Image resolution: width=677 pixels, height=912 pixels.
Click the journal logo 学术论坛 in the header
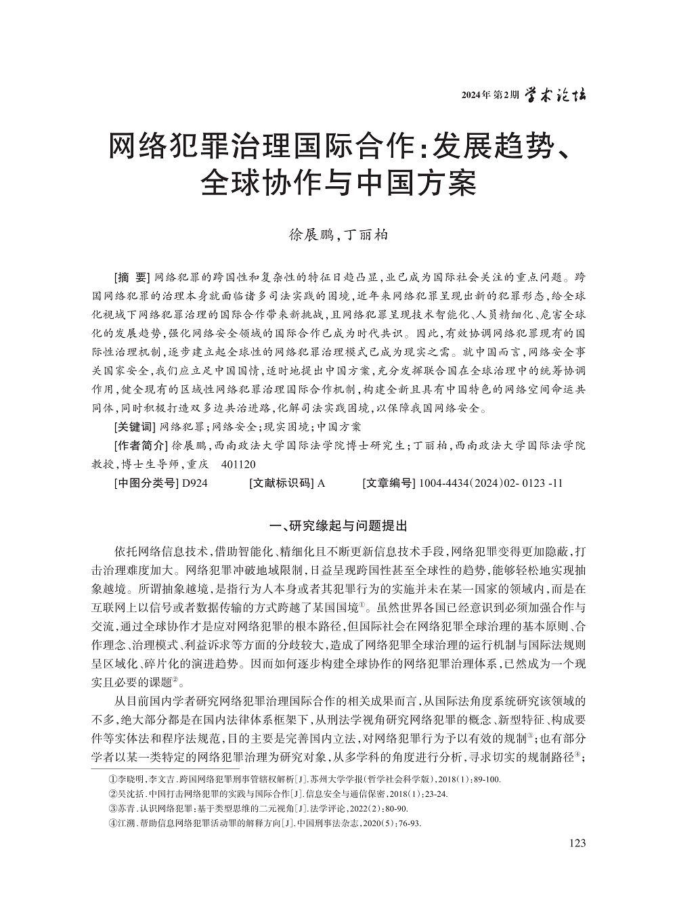point(555,95)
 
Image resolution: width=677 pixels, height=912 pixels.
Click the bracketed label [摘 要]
point(131,278)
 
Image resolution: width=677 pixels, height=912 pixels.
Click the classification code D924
point(193,483)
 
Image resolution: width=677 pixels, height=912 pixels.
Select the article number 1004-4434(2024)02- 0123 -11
point(491,483)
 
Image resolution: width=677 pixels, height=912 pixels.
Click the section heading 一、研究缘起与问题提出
point(338,526)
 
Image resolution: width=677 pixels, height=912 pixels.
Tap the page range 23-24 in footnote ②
point(435,794)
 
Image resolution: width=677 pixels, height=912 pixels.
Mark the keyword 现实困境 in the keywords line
point(285,427)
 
